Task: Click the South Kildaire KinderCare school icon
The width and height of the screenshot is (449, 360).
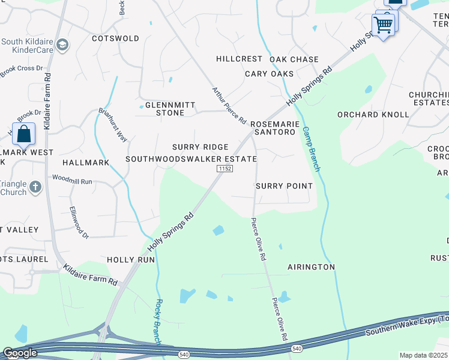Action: point(62,46)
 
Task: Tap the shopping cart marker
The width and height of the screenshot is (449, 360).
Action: point(383,25)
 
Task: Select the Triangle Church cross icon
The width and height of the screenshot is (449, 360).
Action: point(35,187)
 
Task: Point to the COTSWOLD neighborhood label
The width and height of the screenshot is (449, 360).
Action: point(115,38)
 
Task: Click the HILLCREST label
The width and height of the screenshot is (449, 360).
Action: point(240,59)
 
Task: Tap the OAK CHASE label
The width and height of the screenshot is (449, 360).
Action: point(294,59)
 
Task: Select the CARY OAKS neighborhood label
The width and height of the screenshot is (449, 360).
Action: point(270,73)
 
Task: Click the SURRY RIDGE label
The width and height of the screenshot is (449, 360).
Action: point(200,147)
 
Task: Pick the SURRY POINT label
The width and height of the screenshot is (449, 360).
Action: point(284,186)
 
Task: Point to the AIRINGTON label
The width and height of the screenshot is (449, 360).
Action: point(311,266)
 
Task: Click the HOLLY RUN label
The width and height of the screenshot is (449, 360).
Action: point(130,260)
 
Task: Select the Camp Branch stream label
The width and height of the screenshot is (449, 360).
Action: point(312,149)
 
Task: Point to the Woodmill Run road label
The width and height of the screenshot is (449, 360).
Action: point(72,179)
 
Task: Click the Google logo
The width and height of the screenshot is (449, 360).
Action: point(20,353)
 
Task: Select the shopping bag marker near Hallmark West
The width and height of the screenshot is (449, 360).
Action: point(23,134)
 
